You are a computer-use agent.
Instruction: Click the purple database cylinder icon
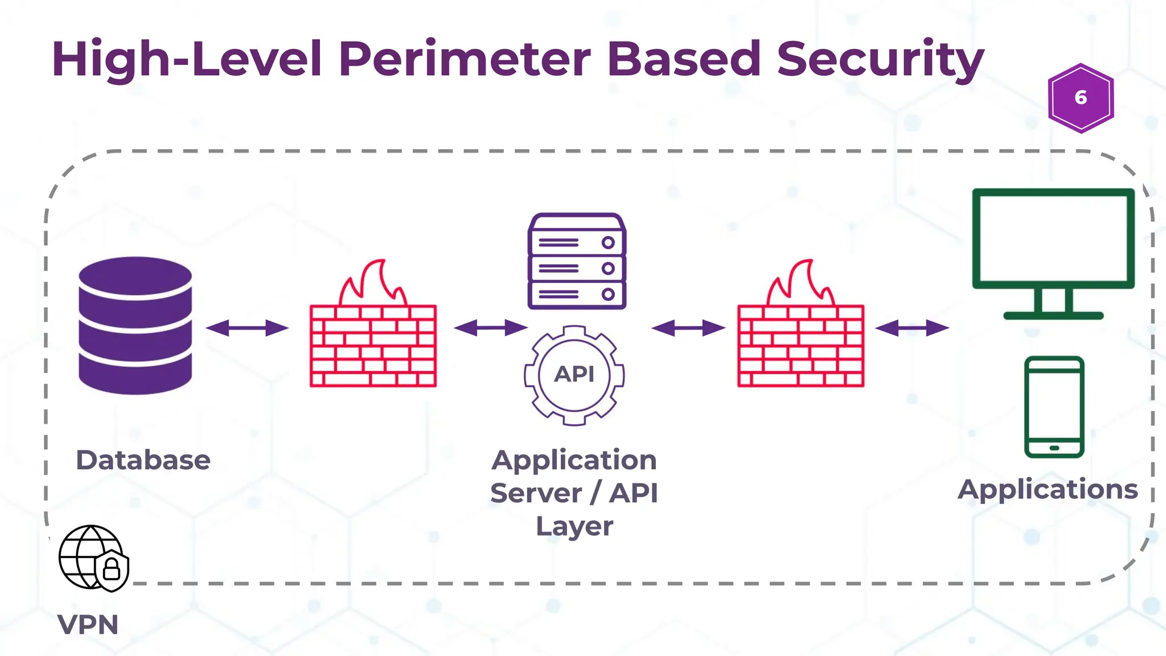[x=135, y=325]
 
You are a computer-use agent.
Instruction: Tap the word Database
[x=143, y=460]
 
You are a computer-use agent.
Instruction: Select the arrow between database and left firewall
[x=247, y=328]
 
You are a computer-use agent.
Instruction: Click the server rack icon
[x=577, y=261]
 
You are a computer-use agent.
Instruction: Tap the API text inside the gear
[x=574, y=374]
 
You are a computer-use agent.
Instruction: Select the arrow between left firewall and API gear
[x=491, y=328]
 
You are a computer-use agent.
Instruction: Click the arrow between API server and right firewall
[x=688, y=328]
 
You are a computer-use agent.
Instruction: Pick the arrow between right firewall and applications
[x=912, y=328]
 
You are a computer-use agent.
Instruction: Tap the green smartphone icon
[x=1054, y=407]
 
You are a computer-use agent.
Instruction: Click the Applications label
[x=1048, y=489]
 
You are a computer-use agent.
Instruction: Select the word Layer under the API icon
[x=574, y=526]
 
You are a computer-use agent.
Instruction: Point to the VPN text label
[x=88, y=625]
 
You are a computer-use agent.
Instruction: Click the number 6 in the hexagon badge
[x=1081, y=98]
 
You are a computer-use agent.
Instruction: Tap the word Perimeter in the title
[x=465, y=59]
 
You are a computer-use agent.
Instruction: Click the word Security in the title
[x=880, y=59]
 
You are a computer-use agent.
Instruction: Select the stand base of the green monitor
[x=1053, y=315]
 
